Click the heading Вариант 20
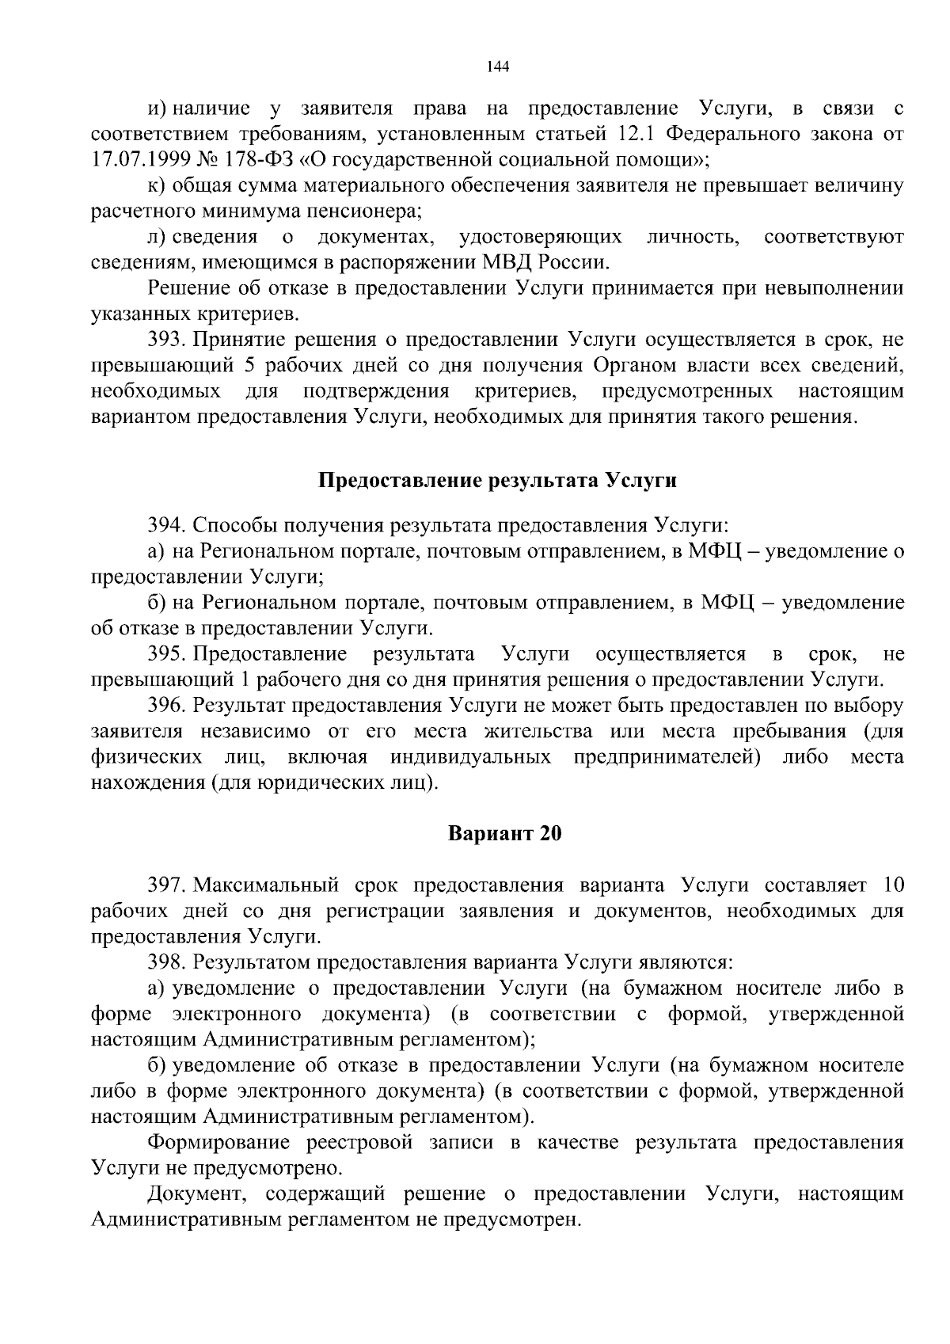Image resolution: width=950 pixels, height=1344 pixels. pos(504,834)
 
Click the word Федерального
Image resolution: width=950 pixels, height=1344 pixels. pos(742,133)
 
